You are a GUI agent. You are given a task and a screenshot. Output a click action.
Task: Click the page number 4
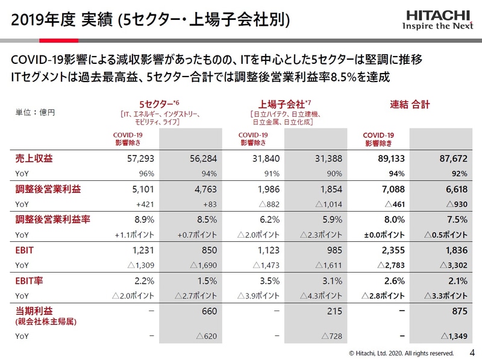click(x=472, y=352)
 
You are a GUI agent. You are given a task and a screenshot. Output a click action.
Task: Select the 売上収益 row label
click(x=34, y=159)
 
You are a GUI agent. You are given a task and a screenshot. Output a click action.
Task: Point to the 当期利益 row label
click(x=34, y=311)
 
